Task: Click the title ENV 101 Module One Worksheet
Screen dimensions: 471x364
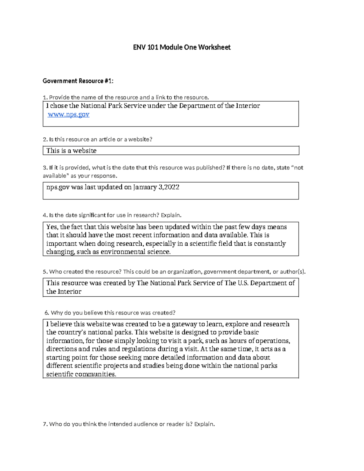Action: [182, 47]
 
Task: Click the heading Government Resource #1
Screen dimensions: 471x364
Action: [78, 81]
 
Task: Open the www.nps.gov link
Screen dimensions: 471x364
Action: [69, 114]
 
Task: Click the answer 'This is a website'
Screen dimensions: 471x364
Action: [71, 151]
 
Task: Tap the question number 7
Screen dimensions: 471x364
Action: [45, 424]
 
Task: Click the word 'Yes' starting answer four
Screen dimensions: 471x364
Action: [52, 227]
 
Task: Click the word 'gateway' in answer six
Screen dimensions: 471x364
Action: [184, 324]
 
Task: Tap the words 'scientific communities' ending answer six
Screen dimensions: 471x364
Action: [81, 374]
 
